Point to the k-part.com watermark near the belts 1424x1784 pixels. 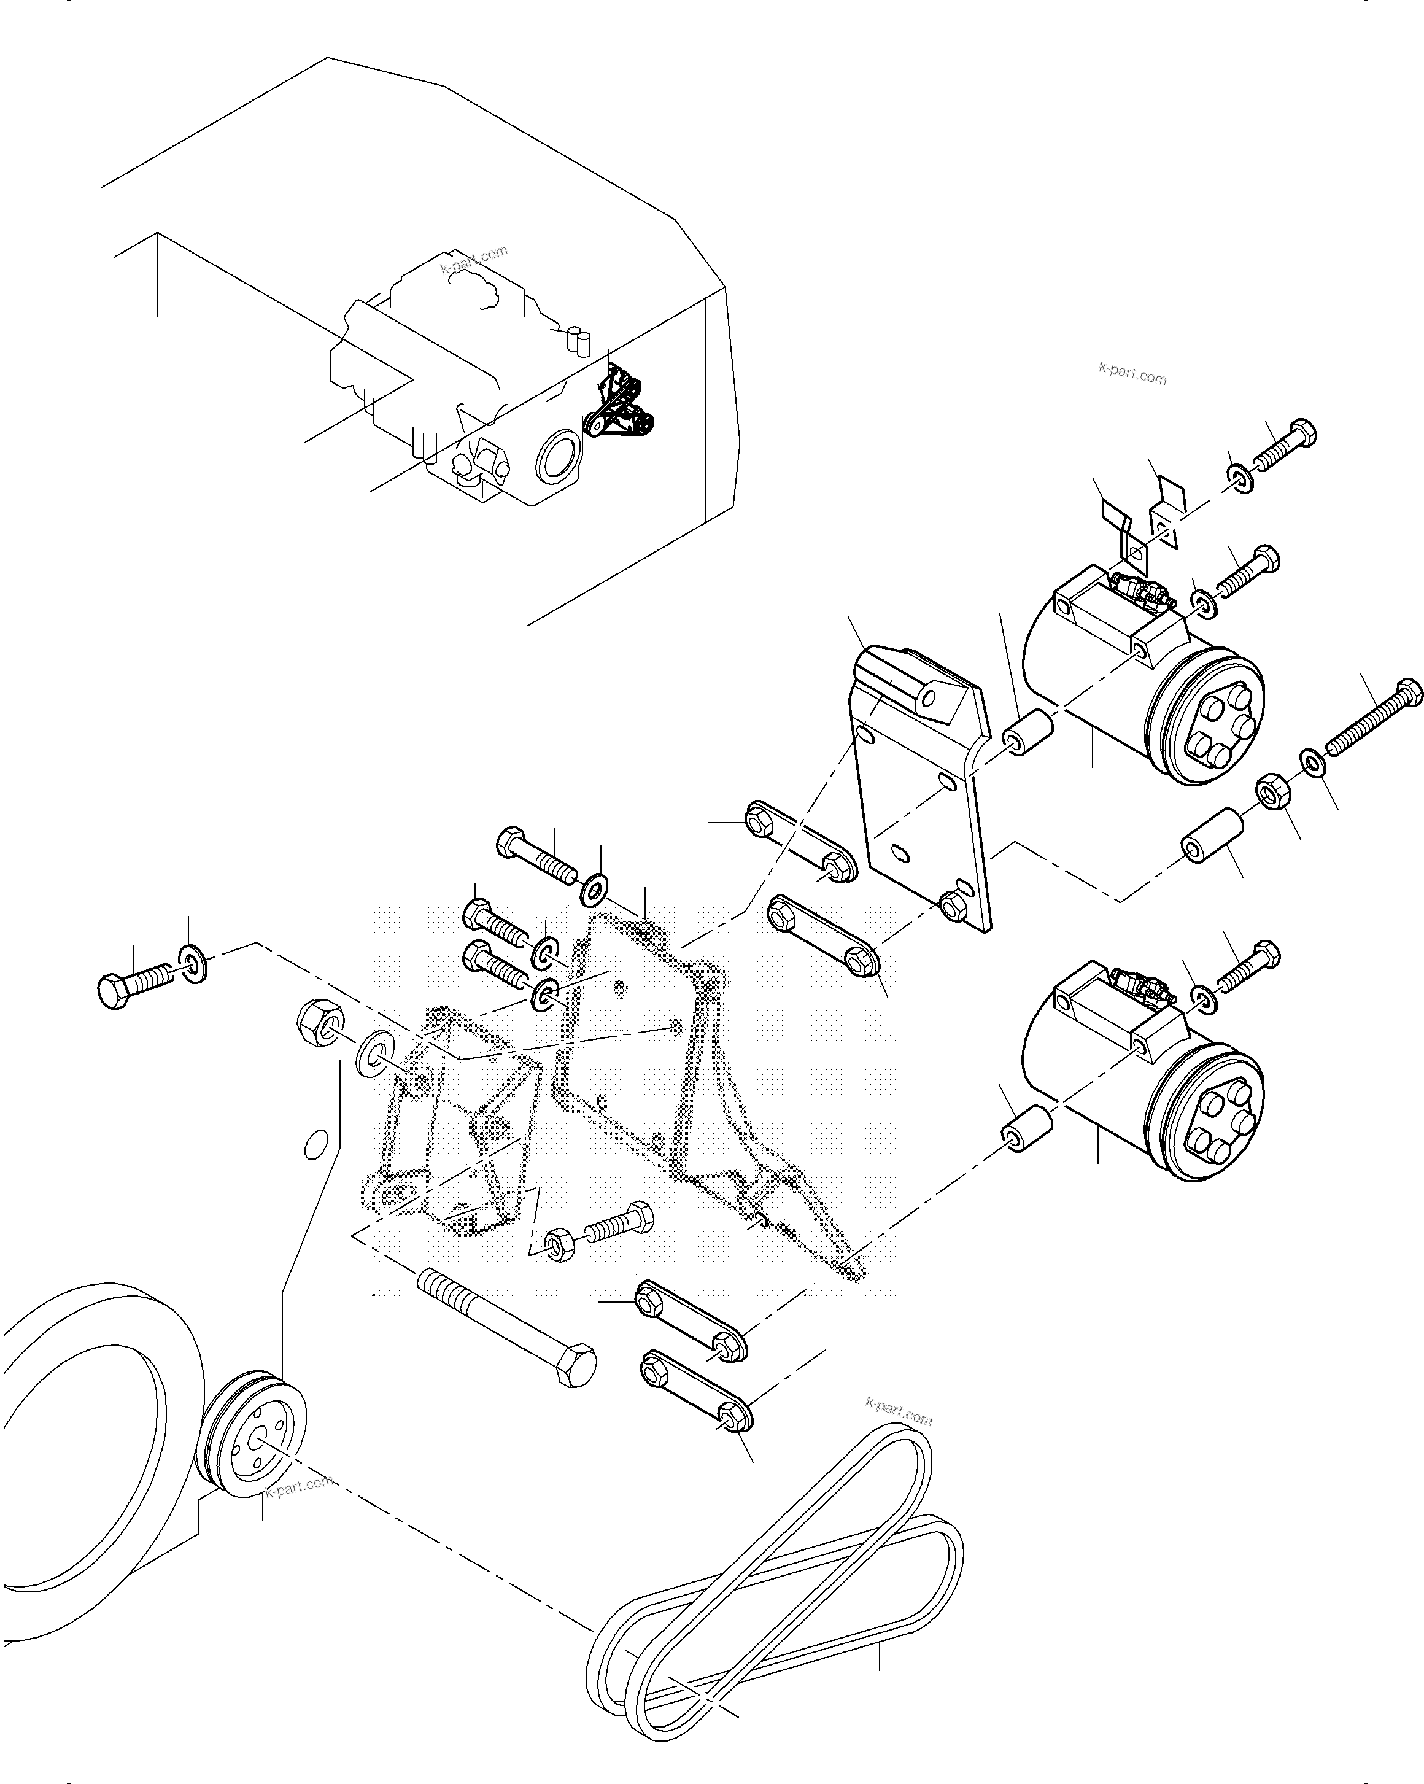coord(898,1411)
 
